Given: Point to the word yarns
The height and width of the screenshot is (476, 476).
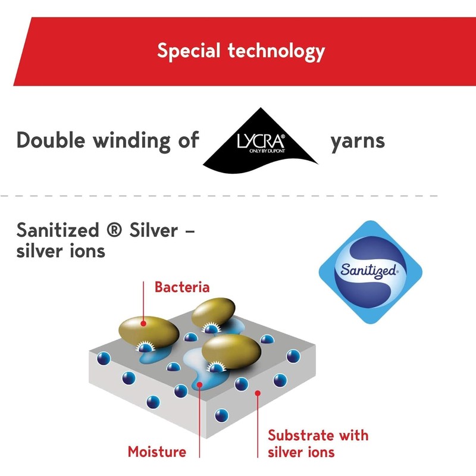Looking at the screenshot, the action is tap(357, 141).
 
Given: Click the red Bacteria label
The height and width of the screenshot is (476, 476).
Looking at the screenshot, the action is tap(182, 287).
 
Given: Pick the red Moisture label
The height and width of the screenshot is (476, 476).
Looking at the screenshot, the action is tap(157, 452).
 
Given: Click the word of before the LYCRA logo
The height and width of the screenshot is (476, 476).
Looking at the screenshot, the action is tap(187, 141).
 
